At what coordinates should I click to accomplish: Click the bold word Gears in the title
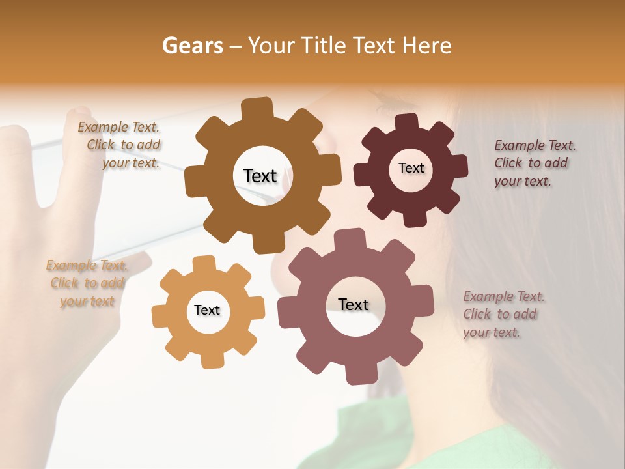click(x=192, y=46)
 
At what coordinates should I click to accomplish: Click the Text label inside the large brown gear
click(x=260, y=176)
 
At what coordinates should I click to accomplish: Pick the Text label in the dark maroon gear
click(x=411, y=168)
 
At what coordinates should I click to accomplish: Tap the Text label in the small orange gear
click(x=207, y=310)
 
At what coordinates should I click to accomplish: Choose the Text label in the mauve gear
click(x=354, y=304)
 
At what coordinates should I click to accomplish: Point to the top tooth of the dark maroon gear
click(x=407, y=122)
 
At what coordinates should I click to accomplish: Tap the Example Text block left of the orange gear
click(x=87, y=283)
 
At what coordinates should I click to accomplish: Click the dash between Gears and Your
click(x=237, y=46)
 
